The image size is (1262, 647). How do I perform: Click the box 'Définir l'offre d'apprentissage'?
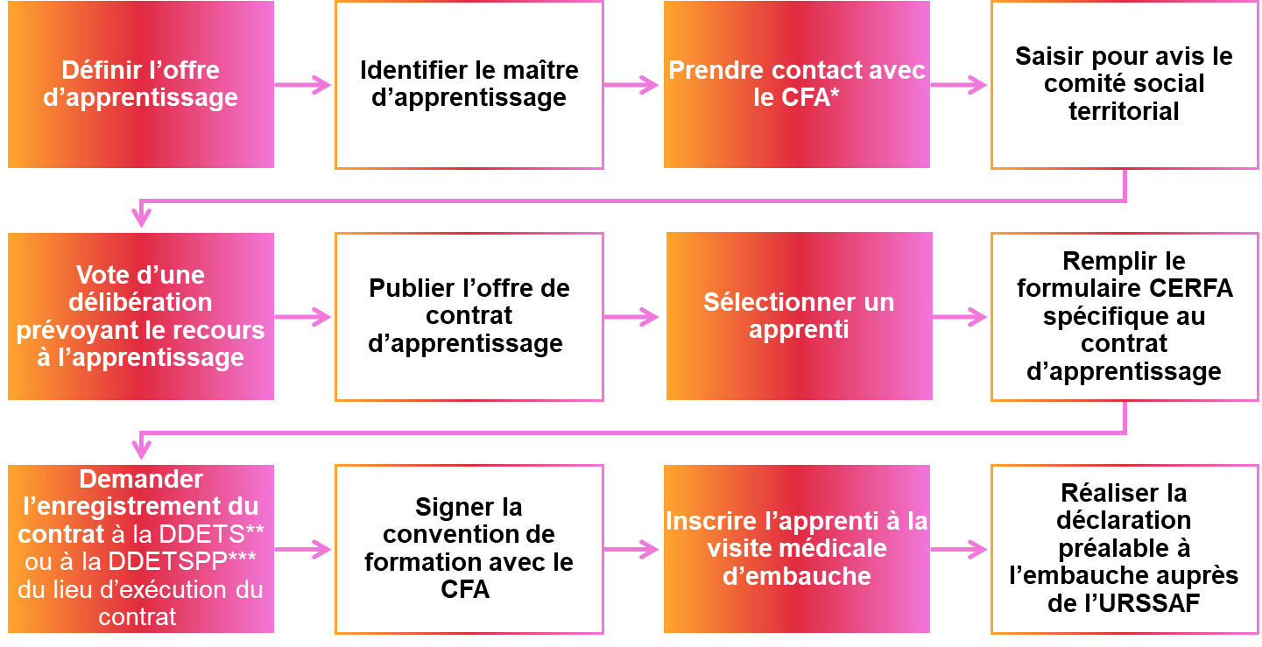[x=140, y=84]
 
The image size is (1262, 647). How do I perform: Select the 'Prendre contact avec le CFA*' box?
[x=796, y=84]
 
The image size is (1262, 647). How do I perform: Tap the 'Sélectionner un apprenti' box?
[x=799, y=316]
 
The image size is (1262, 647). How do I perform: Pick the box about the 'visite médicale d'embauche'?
[x=796, y=549]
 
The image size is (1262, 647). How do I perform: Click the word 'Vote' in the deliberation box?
[x=102, y=275]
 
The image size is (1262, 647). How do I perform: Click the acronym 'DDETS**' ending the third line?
[x=222, y=534]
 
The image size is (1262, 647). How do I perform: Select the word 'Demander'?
[x=141, y=480]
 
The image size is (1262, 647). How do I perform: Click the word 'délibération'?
[x=141, y=303]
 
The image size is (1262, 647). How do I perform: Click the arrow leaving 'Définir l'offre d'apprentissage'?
[x=303, y=85]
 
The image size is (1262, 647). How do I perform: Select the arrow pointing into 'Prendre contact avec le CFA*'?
[x=632, y=85]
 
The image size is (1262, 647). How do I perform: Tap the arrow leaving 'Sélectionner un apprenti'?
[x=961, y=317]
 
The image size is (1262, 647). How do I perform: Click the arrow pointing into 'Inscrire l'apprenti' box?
[x=632, y=550]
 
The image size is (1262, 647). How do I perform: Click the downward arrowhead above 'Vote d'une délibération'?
[x=141, y=217]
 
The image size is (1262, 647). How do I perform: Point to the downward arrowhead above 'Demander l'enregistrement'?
[x=141, y=449]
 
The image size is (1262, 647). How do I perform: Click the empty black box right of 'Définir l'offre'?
[x=469, y=85]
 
